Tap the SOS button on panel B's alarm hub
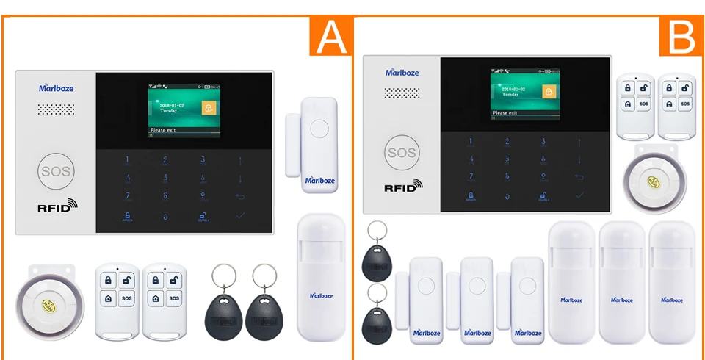point(401,153)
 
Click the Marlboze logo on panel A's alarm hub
point(56,88)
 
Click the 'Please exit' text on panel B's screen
point(506,113)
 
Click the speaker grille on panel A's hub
point(57,109)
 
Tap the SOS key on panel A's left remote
point(126,299)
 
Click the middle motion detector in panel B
point(621,282)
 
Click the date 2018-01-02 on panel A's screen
point(171,105)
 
